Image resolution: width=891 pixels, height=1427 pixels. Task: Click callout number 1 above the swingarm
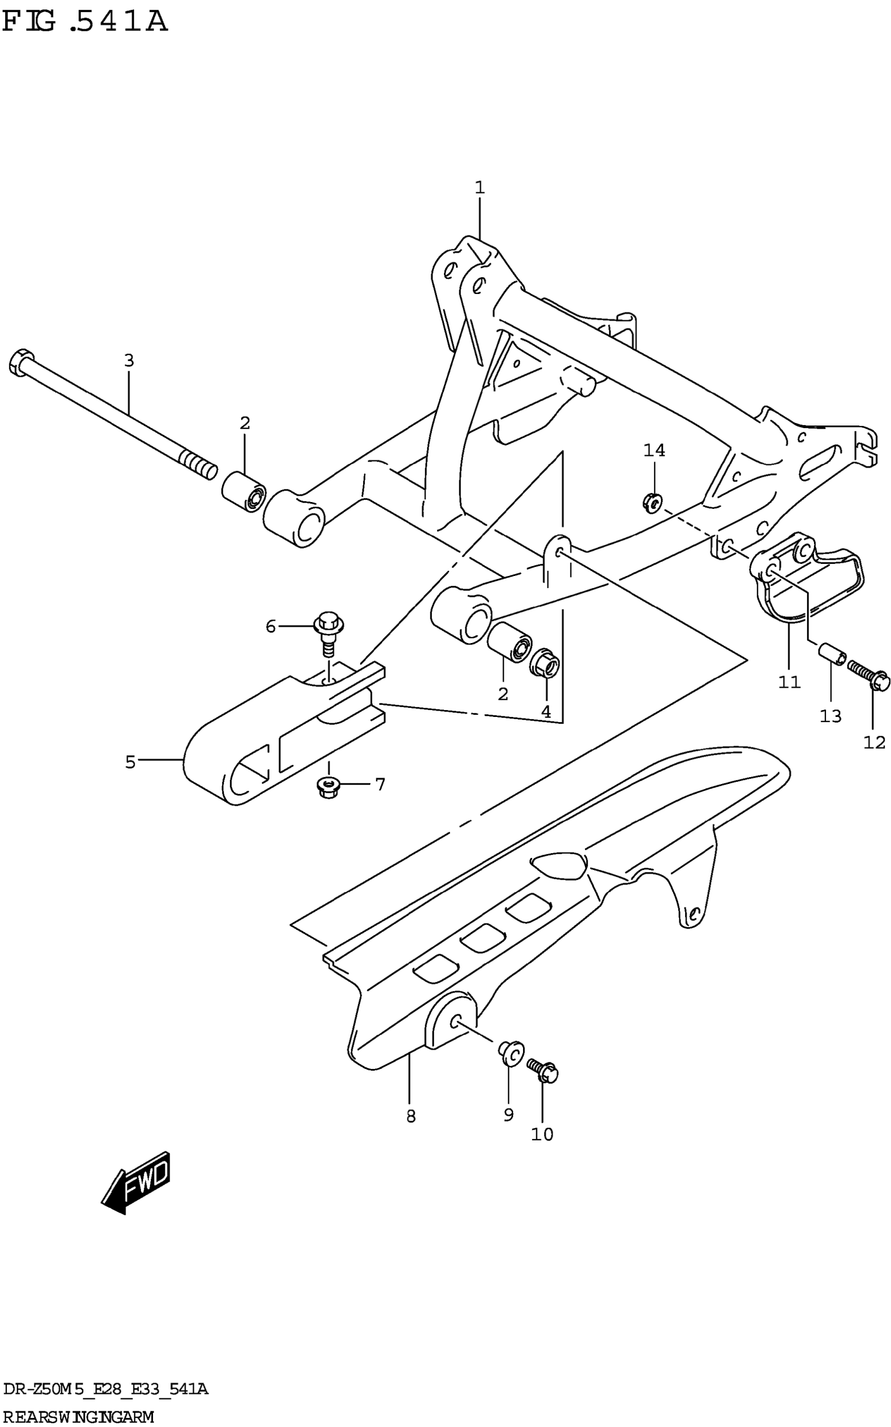[480, 188]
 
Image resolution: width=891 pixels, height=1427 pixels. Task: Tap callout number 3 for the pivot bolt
[129, 361]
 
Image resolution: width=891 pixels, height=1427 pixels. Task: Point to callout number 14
[654, 451]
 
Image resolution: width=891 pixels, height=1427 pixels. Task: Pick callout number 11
[789, 682]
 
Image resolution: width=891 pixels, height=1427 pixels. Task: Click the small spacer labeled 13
[831, 656]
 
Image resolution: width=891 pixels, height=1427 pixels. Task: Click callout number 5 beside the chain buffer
[130, 762]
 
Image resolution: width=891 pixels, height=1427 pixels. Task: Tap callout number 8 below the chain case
[411, 1116]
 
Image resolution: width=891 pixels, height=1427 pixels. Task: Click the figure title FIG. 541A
[85, 23]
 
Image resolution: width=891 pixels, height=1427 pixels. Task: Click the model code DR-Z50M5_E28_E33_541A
[105, 1390]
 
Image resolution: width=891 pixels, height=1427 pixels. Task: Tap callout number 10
[542, 1134]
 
